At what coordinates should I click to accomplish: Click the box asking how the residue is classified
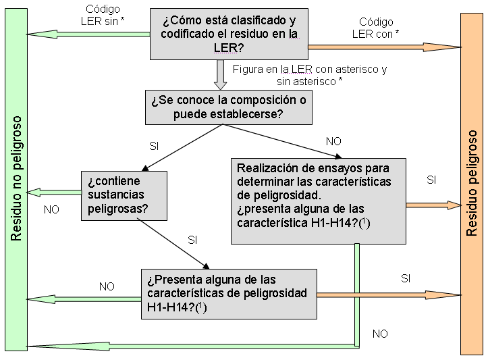pos(228,33)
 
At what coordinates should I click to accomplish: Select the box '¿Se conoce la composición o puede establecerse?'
pos(228,107)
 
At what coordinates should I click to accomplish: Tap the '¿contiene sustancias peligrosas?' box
pos(124,195)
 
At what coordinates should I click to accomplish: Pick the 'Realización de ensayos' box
pos(319,201)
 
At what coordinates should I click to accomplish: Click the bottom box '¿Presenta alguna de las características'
pos(229,294)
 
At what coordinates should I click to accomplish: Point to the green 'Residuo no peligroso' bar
pos(16,179)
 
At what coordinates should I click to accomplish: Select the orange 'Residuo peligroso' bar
pos(472,182)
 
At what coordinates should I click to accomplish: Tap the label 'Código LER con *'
pos(376,28)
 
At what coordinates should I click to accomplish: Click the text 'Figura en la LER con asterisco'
pos(309,70)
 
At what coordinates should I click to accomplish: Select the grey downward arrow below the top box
pos(220,74)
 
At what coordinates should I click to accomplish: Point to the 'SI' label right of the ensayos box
pos(431,180)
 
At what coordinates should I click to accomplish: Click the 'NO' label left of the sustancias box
pos(51,209)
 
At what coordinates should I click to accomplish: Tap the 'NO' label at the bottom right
pos(380,334)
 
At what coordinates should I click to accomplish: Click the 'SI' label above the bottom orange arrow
pos(406,278)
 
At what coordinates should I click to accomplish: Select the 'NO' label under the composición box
pos(333,141)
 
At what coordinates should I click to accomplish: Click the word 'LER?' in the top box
pos(232,47)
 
